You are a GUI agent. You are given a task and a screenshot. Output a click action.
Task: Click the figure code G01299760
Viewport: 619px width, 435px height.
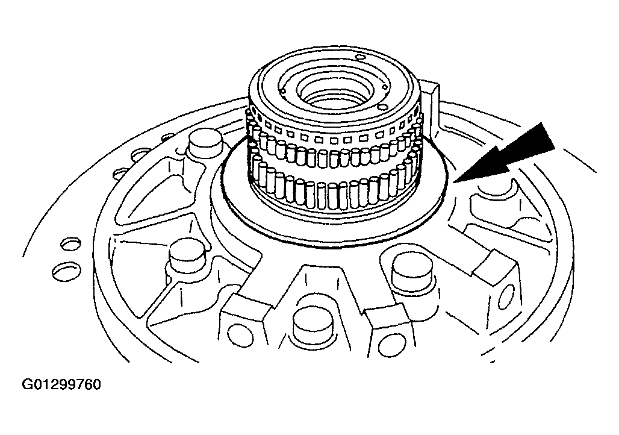(61, 384)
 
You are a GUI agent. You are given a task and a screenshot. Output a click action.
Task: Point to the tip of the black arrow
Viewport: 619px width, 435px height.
(454, 183)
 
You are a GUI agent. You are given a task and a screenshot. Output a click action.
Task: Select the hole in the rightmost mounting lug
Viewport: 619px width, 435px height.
(506, 296)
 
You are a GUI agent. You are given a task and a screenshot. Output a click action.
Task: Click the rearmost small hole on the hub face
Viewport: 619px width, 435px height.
(361, 57)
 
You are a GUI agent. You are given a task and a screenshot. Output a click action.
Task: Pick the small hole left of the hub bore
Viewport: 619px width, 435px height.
(282, 91)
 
